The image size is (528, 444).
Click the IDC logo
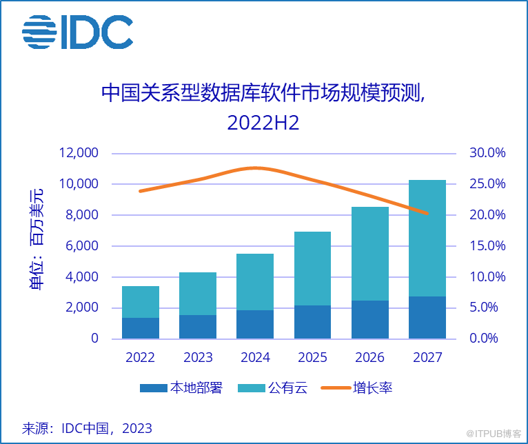click(x=77, y=32)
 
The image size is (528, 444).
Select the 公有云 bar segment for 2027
click(x=427, y=238)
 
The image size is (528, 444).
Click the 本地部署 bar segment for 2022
click(x=141, y=328)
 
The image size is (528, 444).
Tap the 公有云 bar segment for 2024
click(x=255, y=282)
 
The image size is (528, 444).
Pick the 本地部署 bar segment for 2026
click(x=370, y=319)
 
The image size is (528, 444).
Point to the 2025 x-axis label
click(x=312, y=358)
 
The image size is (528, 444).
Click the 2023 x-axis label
click(x=198, y=358)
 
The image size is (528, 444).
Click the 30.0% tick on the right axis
click(x=488, y=153)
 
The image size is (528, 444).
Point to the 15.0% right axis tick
click(x=488, y=246)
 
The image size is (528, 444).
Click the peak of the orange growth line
click(x=255, y=168)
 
